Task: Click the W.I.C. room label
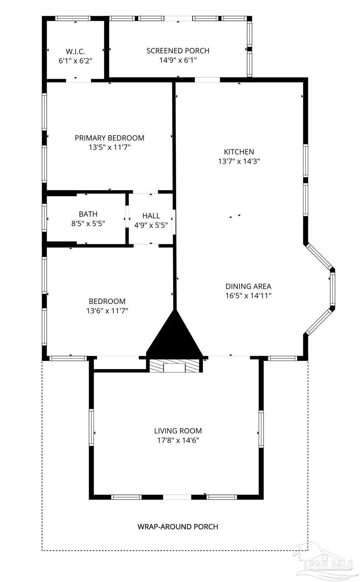[x=75, y=51]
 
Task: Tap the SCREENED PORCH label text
[x=178, y=51]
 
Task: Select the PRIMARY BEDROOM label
[x=110, y=138]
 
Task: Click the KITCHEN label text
[x=239, y=152]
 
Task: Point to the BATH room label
[x=88, y=214]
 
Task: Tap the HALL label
[x=151, y=216]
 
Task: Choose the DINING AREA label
[x=249, y=286]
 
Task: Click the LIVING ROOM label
[x=178, y=431]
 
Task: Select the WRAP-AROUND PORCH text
[x=178, y=527]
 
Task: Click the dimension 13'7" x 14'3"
[x=239, y=161]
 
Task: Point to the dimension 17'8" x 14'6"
[x=178, y=440]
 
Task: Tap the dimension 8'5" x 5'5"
[x=88, y=224]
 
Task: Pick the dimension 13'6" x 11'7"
[x=107, y=311]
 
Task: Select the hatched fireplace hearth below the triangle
[x=174, y=366]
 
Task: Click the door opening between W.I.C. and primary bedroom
[x=78, y=81]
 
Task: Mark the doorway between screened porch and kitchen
[x=207, y=80]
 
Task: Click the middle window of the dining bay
[x=332, y=289]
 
